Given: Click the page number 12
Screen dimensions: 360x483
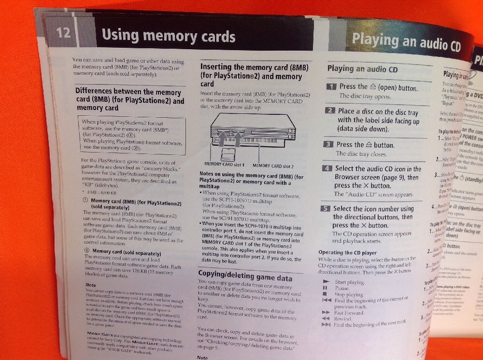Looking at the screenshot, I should (63, 33).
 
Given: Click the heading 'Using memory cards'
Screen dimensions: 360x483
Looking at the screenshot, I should (169, 36).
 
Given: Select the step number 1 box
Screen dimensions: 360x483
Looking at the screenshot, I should (331, 87).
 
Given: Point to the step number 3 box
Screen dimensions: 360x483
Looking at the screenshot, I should (328, 144).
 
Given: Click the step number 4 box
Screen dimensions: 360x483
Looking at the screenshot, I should (327, 168).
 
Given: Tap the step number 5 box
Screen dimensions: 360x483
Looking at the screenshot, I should (326, 209).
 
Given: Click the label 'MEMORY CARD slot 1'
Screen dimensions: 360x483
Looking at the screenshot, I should (223, 165).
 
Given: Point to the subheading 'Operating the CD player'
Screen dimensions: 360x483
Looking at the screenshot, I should (348, 252).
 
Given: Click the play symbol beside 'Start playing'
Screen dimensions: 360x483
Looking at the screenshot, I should (326, 281).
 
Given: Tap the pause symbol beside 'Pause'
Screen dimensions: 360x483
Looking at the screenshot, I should (325, 288).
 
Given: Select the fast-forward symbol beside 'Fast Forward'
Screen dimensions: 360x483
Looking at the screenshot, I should (325, 312).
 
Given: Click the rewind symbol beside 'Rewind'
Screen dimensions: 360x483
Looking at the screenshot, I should (325, 318).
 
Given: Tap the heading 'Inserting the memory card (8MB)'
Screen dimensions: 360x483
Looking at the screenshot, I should (254, 68).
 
